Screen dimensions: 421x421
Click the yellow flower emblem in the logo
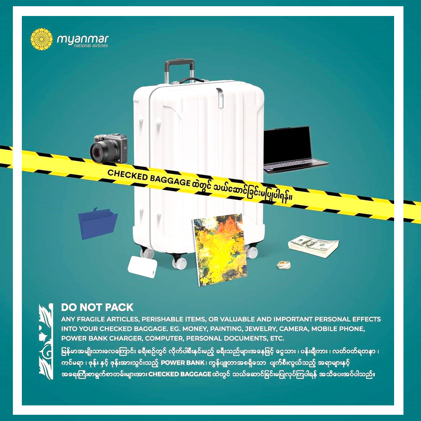coord(41,39)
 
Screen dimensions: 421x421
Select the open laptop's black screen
coord(287,145)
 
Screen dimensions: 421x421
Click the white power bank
coord(142,267)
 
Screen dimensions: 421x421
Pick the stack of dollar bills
coord(313,246)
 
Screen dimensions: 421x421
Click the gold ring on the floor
coord(284,265)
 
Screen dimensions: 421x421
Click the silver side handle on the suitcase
coord(219,98)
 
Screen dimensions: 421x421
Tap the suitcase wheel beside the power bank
coord(179,263)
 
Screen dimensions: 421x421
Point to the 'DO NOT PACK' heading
coord(97,307)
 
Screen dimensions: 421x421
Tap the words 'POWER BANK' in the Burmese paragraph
coord(182,363)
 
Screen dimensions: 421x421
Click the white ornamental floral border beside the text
coord(46,341)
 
